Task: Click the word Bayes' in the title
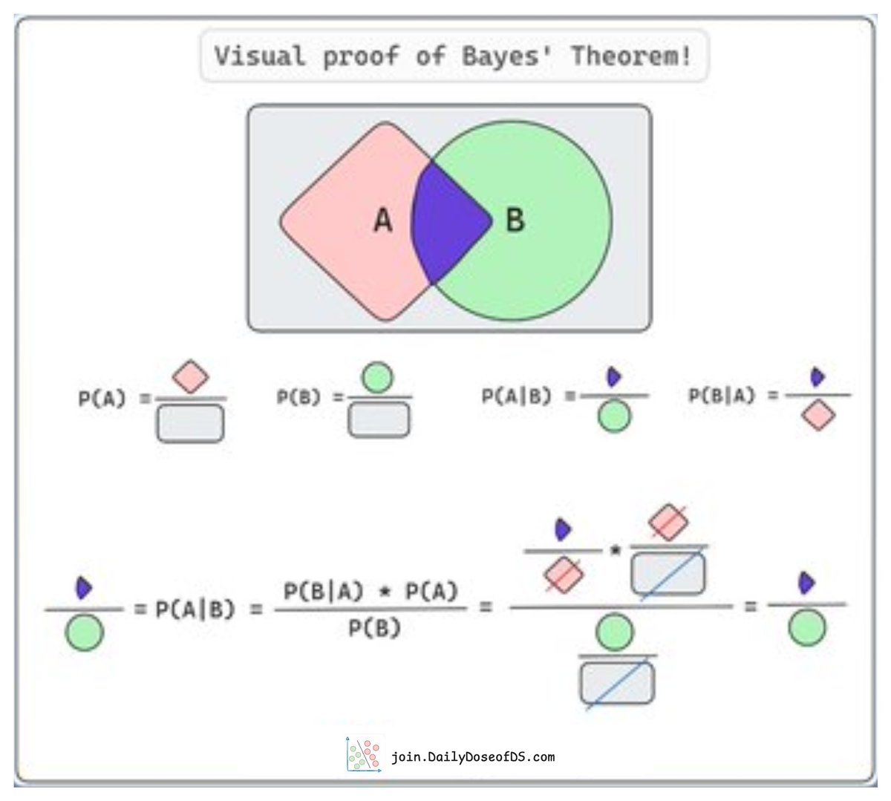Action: coord(507,56)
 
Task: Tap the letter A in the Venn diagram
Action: coord(382,220)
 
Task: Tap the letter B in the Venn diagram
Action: coord(515,220)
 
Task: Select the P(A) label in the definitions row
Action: coord(102,399)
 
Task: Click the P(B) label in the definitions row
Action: coord(299,397)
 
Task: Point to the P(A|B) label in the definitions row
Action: coord(517,396)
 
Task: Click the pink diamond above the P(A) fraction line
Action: coord(190,377)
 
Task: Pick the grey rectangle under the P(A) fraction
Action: coord(190,423)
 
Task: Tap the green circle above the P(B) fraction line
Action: coord(377,377)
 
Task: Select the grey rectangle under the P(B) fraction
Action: coord(379,420)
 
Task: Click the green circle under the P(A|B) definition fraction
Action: coord(614,416)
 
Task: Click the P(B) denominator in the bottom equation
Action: coord(374,629)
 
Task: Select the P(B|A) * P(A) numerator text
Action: coord(371,592)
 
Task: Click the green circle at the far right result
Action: coord(806,630)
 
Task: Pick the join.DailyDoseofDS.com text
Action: coord(473,757)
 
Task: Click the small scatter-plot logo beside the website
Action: coord(364,755)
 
